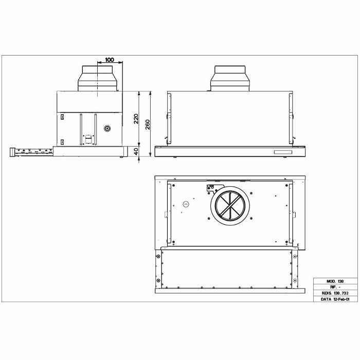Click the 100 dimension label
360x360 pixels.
(x=110, y=60)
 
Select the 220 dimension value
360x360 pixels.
(x=136, y=119)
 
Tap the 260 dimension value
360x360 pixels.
(x=148, y=124)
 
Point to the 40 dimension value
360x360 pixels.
(x=136, y=151)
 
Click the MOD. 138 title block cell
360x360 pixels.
(x=335, y=281)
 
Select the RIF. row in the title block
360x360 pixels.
(x=335, y=287)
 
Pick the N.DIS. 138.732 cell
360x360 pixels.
(x=335, y=293)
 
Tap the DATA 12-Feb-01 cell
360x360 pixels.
(x=335, y=299)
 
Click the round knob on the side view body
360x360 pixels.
(x=107, y=129)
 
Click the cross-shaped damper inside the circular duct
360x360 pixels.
(x=229, y=206)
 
